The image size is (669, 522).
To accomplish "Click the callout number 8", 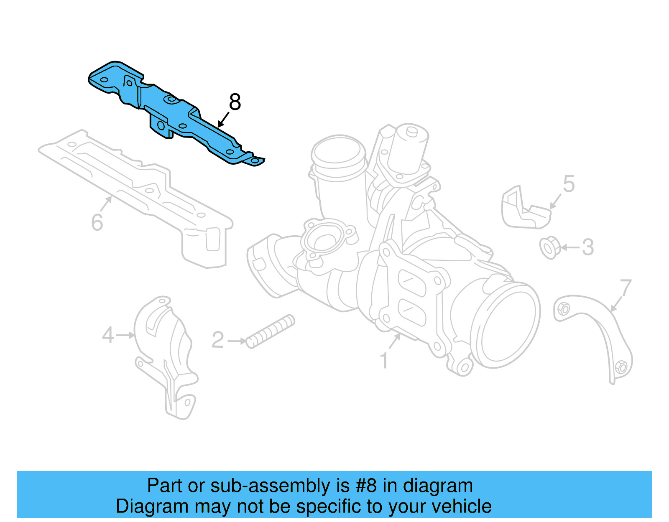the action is (235, 102).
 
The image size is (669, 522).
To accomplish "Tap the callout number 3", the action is (588, 247).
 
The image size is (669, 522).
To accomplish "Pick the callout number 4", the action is (108, 335).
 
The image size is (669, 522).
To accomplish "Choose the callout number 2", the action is (218, 340).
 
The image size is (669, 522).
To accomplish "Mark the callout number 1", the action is (384, 361).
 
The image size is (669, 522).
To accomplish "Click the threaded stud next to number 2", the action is (270, 332).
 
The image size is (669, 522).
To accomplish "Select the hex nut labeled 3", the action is (549, 247).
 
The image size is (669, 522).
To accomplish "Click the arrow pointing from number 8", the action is (223, 120).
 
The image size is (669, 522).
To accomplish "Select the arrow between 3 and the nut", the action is (570, 247).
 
